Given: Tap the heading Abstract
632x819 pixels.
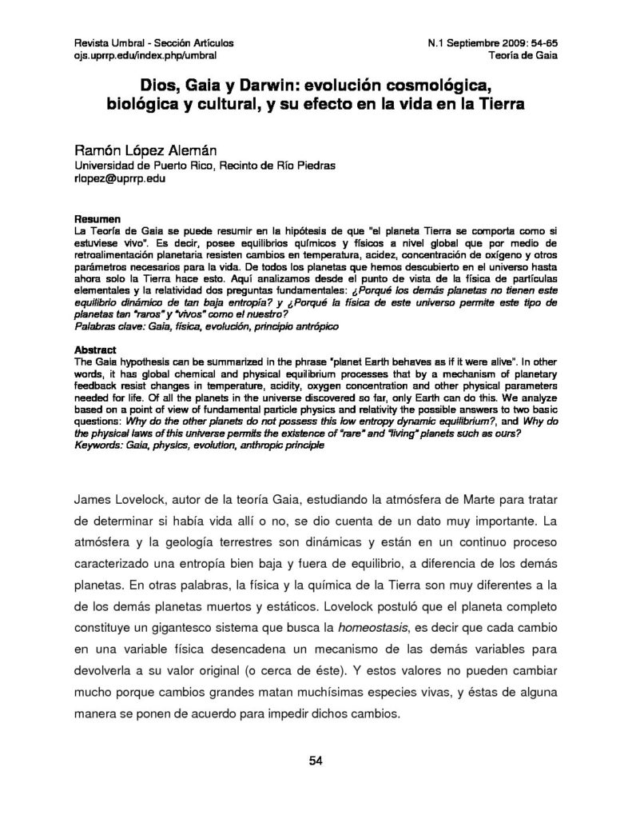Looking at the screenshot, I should point(96,350).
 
